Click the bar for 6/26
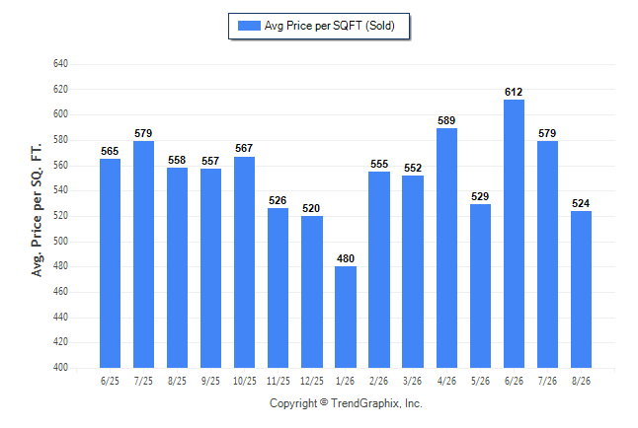pos(514,234)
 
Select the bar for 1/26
pos(346,317)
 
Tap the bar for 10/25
pos(244,262)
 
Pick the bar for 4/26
pos(446,248)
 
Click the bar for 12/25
pos(312,292)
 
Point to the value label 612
pos(514,93)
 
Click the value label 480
pos(346,258)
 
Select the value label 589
pos(446,120)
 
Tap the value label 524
pos(581,203)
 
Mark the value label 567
pos(244,148)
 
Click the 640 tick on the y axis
pos(60,64)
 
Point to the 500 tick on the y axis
pos(60,241)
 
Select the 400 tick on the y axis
pos(60,368)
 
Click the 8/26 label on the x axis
pos(581,381)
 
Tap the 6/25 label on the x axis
pos(110,381)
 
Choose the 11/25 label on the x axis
pos(278,381)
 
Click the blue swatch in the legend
pos(249,26)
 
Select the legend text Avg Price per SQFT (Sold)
pos(330,26)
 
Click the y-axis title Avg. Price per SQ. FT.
pos(37,210)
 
